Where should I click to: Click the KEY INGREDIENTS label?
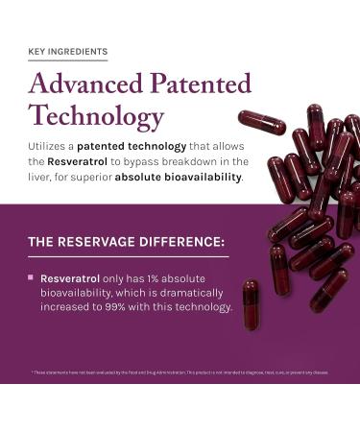point(67,51)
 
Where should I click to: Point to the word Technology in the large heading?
point(96,117)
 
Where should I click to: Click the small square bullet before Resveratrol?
point(31,276)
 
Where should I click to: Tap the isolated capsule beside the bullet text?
point(252,303)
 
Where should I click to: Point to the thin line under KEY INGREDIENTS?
point(67,60)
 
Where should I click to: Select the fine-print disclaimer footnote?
point(180,372)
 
